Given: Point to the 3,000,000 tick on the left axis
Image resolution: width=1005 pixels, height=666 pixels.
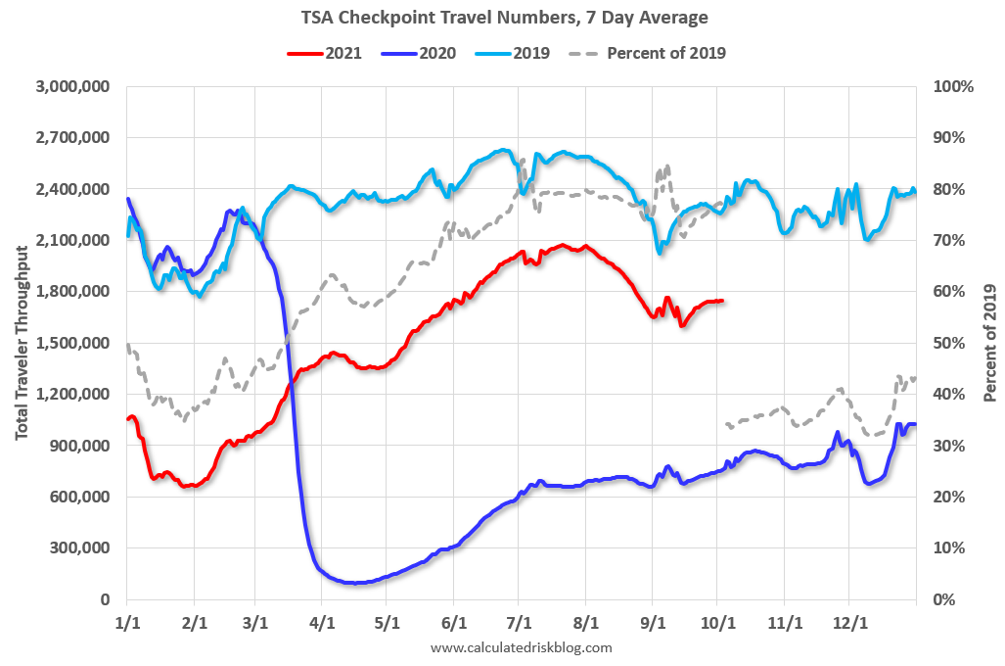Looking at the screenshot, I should tap(73, 87).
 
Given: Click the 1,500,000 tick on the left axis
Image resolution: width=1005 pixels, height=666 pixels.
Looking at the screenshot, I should tap(73, 343).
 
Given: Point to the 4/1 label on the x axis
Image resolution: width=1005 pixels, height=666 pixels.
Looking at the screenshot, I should tap(322, 622).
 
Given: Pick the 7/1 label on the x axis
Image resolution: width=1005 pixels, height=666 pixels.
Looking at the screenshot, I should tap(519, 622).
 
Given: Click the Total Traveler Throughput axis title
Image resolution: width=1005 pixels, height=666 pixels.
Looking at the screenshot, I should tap(21, 343).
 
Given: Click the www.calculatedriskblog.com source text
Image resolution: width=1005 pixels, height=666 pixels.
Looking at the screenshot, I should tap(521, 647).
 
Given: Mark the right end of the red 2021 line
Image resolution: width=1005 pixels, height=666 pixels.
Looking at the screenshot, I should tap(722, 301).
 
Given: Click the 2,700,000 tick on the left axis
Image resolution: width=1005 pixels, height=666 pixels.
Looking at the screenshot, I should tap(73, 138).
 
